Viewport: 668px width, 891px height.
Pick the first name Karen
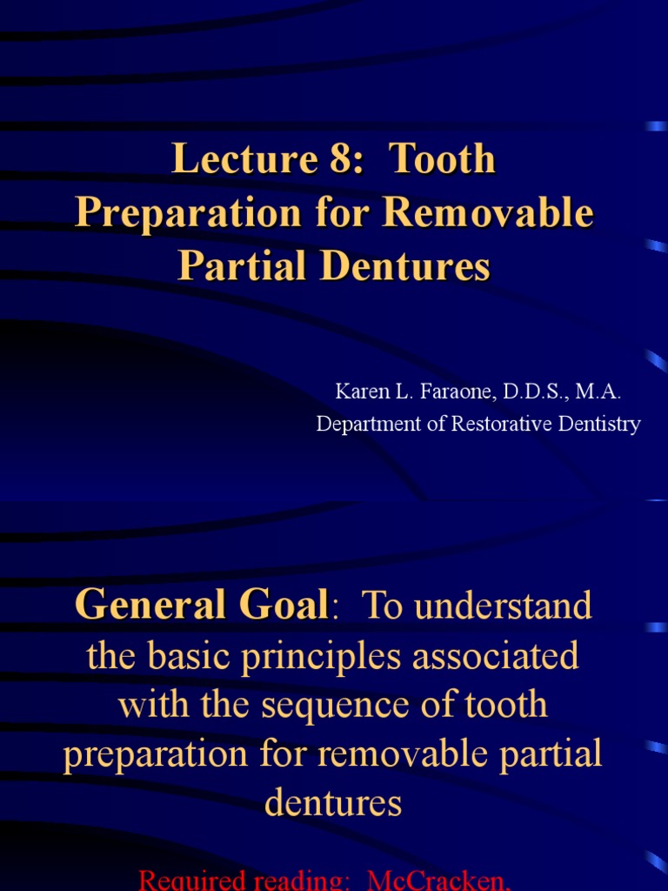pyautogui.click(x=360, y=392)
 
